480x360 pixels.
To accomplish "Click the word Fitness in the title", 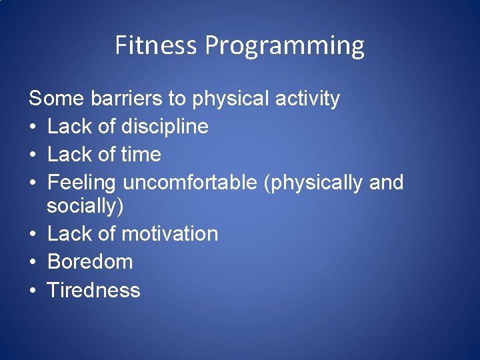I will [157, 45].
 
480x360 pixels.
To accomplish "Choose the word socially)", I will [85, 207].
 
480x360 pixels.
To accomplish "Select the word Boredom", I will [90, 261].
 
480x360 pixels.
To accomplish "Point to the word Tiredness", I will [93, 290].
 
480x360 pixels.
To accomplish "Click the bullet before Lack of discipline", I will [33, 127].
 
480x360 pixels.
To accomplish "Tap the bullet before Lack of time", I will [33, 155].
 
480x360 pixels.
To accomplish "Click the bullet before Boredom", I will [33, 262].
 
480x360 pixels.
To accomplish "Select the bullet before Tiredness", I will [33, 290].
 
